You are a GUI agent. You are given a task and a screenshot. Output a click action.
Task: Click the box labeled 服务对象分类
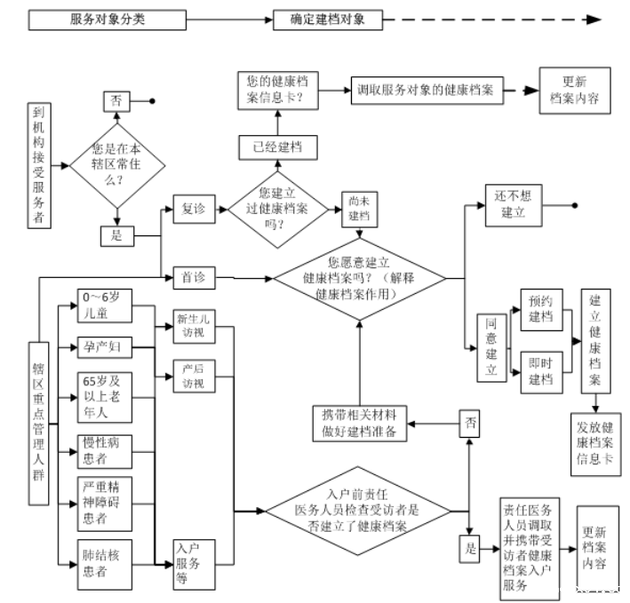click(x=108, y=20)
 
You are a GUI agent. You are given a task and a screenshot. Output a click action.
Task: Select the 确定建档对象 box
click(x=328, y=20)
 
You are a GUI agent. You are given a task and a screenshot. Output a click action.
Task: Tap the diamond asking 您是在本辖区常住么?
click(x=117, y=165)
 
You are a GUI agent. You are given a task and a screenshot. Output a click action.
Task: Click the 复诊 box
click(x=194, y=209)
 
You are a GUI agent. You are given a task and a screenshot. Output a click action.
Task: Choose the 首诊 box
click(x=194, y=277)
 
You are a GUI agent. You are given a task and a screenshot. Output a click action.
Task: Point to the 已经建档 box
click(x=278, y=147)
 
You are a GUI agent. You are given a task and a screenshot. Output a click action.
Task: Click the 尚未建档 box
click(x=359, y=210)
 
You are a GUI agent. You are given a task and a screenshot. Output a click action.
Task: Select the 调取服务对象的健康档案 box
click(x=427, y=91)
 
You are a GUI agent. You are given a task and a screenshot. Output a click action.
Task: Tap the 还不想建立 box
click(x=514, y=205)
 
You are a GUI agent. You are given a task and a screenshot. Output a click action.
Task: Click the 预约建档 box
click(x=541, y=310)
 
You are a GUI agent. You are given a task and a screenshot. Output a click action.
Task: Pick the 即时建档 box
click(x=541, y=372)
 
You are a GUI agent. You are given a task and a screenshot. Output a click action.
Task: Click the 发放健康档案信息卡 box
click(x=596, y=444)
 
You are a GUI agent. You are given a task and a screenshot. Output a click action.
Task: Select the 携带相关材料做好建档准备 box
click(x=360, y=424)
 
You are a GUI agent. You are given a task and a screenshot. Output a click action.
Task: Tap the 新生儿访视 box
click(x=194, y=327)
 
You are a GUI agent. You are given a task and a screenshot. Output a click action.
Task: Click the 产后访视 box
click(x=194, y=377)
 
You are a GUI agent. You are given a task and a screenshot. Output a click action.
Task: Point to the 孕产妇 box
click(x=105, y=347)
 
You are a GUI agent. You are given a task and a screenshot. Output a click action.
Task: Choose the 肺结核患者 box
click(x=105, y=565)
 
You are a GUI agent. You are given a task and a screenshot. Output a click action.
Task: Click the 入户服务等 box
click(x=194, y=565)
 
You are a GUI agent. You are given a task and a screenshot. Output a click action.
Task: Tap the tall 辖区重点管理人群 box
click(x=38, y=424)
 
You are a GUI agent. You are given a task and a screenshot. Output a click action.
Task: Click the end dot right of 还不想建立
click(x=575, y=205)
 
